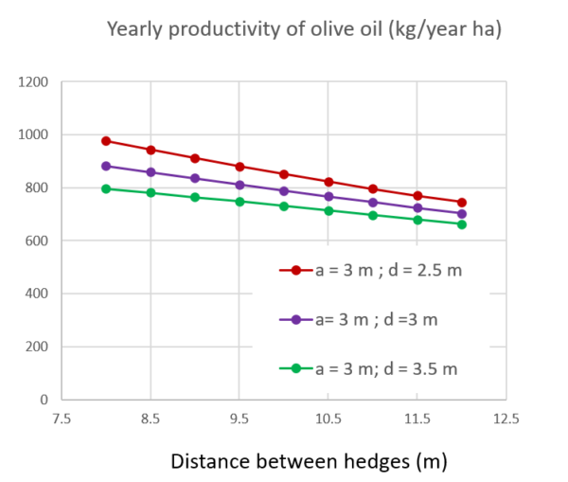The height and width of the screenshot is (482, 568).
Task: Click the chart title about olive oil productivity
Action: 304,29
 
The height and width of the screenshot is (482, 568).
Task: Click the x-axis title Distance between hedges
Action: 308,462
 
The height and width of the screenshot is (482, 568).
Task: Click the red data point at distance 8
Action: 106,141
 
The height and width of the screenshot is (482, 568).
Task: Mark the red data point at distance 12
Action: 461,203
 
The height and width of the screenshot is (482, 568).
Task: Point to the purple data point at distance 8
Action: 106,166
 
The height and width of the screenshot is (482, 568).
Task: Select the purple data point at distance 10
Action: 283,190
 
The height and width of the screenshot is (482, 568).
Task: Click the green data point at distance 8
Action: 106,188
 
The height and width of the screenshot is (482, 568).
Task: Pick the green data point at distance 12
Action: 461,224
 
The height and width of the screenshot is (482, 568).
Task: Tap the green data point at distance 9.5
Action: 240,202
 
